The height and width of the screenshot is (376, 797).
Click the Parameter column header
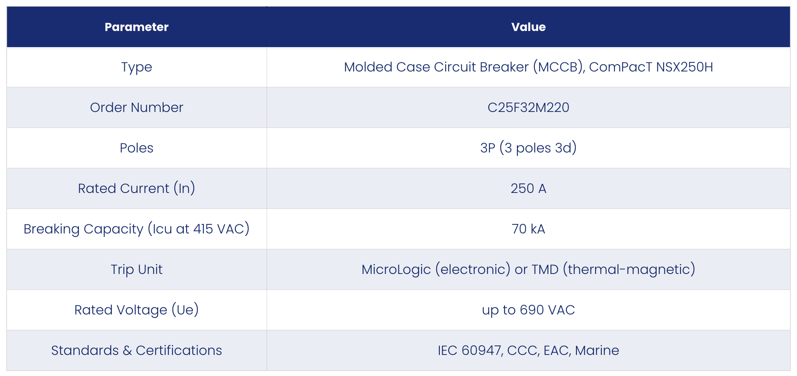(137, 27)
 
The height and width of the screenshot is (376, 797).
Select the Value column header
(529, 27)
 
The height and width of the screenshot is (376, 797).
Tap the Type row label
(137, 67)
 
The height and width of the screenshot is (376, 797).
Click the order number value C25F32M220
(529, 107)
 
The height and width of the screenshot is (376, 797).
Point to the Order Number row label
(137, 107)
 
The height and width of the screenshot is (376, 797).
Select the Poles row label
(137, 148)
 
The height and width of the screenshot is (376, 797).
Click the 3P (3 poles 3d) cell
(529, 148)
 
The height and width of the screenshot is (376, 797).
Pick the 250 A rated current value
(529, 188)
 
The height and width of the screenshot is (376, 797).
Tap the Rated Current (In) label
(137, 188)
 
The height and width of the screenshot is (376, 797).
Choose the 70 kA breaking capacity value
(529, 229)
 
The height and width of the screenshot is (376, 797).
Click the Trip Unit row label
(137, 269)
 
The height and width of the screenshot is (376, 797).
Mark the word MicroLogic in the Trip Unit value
(396, 270)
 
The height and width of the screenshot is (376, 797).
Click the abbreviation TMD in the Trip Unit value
(545, 269)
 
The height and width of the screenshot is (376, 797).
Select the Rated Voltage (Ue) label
(137, 310)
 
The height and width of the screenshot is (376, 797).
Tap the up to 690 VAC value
(529, 310)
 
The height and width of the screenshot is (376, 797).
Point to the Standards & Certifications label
(137, 350)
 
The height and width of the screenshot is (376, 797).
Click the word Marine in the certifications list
(597, 350)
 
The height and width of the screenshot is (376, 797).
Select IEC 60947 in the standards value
(470, 350)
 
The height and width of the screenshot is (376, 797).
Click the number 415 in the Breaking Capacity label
(203, 229)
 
